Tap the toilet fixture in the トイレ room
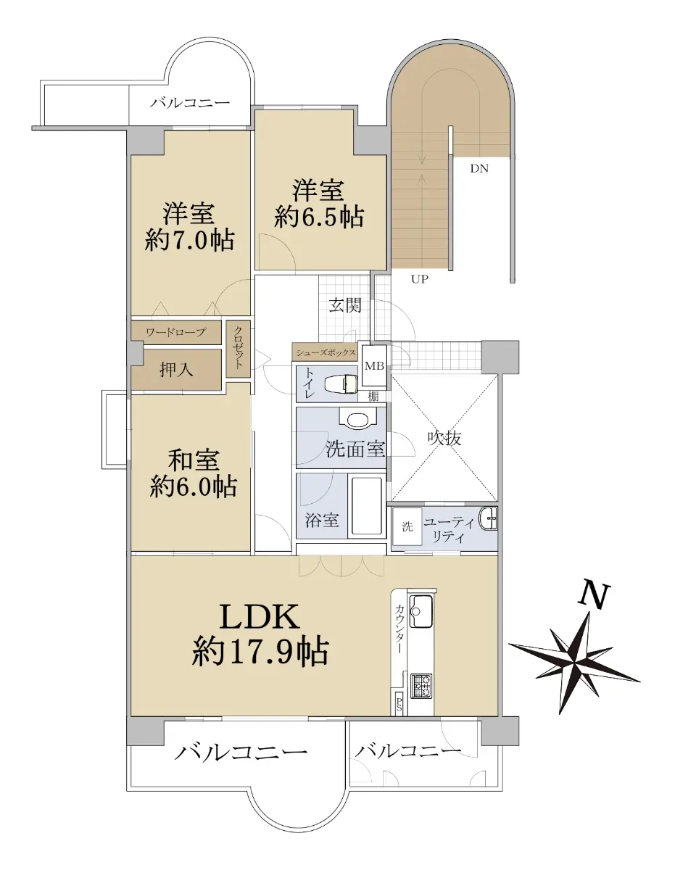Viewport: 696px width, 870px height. click(341, 383)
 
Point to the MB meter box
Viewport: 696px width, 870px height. click(374, 365)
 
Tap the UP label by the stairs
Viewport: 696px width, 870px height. click(419, 279)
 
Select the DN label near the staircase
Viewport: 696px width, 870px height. click(479, 168)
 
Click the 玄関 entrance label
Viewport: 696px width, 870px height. click(344, 306)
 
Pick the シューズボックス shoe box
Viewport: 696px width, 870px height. click(325, 352)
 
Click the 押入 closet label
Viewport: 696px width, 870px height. click(176, 370)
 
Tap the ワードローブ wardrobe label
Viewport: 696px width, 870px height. click(176, 332)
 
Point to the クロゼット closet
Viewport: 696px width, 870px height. click(239, 349)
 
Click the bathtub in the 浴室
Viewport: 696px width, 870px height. click(367, 506)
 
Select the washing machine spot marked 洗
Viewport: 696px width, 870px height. click(407, 526)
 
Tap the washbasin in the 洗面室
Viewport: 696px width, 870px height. click(358, 418)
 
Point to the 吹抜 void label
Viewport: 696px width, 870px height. click(445, 438)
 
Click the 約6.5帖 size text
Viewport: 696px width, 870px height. click(319, 217)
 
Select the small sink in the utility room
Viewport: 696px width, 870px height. click(488, 518)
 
